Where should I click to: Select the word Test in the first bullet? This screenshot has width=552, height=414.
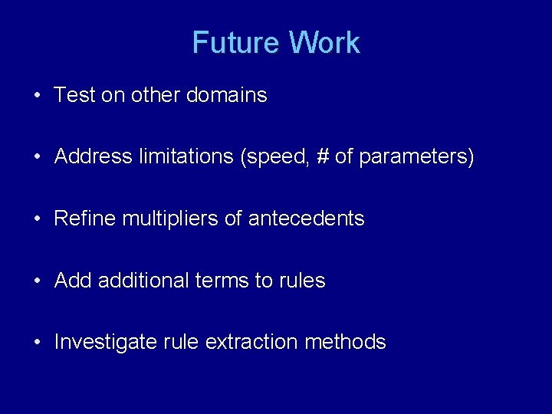74,96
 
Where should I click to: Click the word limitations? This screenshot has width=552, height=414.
186,157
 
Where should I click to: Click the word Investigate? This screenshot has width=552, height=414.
105,342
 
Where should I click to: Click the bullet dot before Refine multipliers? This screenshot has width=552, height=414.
37,219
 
